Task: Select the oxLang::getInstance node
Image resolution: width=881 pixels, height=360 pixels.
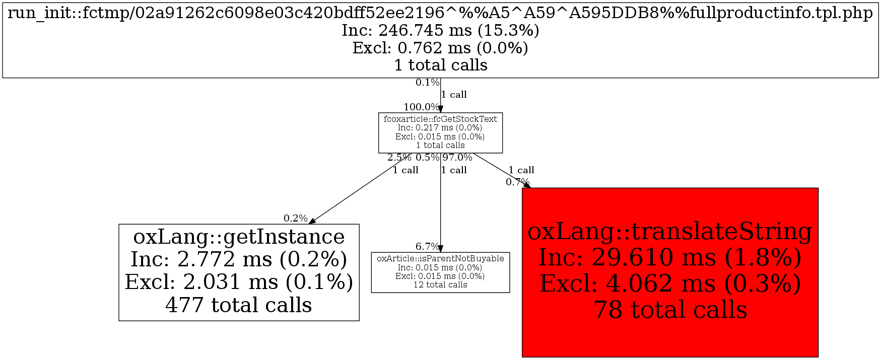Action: (x=239, y=272)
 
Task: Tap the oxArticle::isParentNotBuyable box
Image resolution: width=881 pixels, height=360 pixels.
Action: (x=440, y=272)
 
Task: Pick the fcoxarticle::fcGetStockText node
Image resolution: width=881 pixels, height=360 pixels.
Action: (x=440, y=132)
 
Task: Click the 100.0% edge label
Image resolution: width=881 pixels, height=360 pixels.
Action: (x=421, y=107)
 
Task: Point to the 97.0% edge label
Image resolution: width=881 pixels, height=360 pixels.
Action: (x=457, y=158)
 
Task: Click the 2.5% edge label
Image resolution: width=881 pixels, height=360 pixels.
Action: (x=399, y=158)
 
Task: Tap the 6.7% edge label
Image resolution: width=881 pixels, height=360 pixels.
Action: (x=427, y=246)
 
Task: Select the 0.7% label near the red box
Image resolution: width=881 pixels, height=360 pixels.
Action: (x=517, y=182)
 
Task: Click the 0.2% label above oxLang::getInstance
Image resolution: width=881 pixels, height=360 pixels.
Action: (x=295, y=218)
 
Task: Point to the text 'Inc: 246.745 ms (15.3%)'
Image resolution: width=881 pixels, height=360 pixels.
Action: (x=440, y=30)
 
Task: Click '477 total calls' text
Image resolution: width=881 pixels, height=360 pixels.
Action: (x=239, y=305)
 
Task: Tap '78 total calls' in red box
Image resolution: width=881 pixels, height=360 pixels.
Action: (x=670, y=310)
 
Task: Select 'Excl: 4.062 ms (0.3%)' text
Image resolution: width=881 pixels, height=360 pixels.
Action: (x=670, y=283)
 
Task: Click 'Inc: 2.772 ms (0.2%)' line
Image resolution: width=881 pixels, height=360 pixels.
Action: (x=239, y=259)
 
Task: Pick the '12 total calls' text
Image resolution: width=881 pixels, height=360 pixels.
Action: (x=440, y=285)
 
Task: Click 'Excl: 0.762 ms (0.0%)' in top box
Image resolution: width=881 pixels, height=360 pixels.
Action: (x=440, y=48)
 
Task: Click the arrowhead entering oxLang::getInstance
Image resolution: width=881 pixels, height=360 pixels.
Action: (x=312, y=221)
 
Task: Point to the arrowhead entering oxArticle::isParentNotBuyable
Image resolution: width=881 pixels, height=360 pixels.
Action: (x=440, y=249)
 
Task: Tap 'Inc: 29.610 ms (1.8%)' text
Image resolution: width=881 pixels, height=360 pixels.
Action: (x=670, y=257)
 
